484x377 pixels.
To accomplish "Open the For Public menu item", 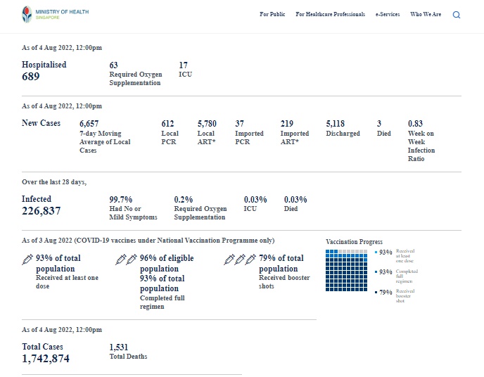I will coord(272,14).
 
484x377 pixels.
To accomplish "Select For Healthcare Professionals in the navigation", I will coord(330,14).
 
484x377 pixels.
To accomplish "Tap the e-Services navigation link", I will coord(387,14).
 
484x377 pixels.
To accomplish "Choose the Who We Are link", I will coord(426,14).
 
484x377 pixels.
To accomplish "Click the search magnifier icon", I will coord(457,15).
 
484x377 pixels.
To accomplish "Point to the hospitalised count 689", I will coord(32,76).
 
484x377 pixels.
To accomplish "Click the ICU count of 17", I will coord(184,65).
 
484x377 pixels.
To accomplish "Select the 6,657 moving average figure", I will coord(89,124).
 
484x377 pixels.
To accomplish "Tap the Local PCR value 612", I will coord(167,124).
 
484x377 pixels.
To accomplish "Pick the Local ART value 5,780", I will coord(208,124).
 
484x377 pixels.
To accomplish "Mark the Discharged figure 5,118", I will coord(336,124).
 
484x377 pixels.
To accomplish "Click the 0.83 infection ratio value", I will coord(415,124).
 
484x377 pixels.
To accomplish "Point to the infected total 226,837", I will coord(41,211).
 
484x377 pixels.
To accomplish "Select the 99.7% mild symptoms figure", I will coord(121,200).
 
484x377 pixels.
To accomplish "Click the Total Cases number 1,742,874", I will coord(46,359).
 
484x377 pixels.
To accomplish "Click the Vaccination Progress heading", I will coord(355,242).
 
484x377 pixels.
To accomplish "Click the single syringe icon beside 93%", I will coord(27,260).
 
